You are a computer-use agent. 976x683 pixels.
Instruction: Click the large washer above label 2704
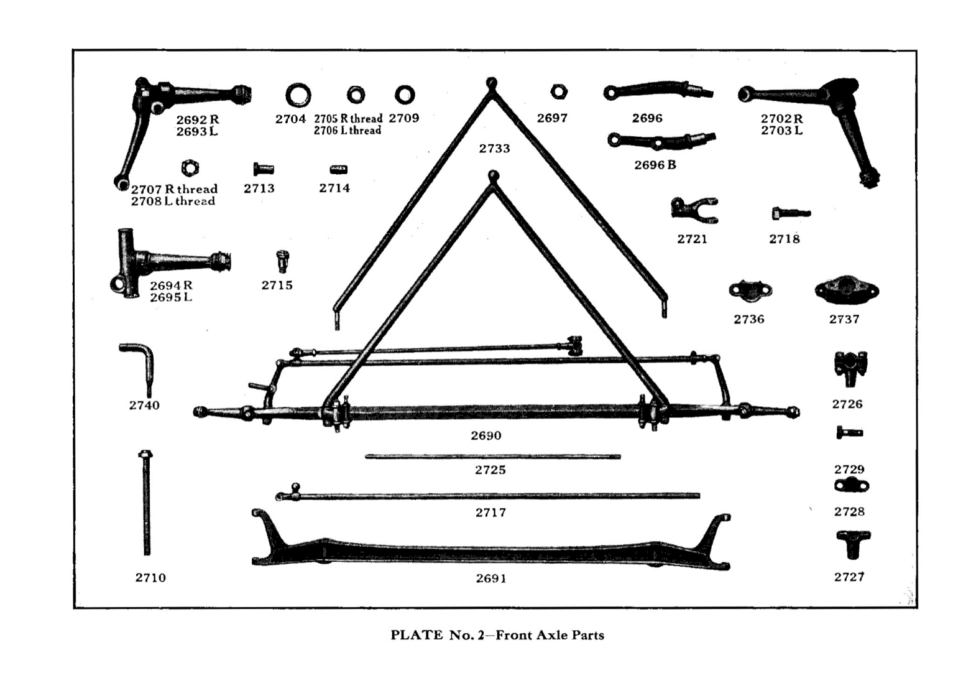tap(298, 96)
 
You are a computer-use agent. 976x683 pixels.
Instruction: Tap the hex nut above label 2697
tap(558, 92)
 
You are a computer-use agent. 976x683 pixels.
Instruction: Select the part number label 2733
tap(494, 148)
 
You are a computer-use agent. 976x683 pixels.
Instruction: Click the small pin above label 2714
tap(338, 170)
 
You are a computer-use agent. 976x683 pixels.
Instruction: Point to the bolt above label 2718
tap(791, 213)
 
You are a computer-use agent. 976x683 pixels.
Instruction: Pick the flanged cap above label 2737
tap(847, 290)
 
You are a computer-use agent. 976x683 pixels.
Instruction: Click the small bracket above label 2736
tap(750, 290)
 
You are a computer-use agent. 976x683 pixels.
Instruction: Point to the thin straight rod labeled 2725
tap(492, 457)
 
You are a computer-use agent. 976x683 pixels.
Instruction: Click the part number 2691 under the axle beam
tap(491, 578)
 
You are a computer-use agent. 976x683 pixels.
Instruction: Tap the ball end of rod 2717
tap(296, 487)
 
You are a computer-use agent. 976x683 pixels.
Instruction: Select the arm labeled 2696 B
tap(661, 141)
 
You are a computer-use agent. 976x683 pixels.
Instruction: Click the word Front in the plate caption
tap(514, 635)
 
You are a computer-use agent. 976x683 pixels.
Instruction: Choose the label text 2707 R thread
tap(174, 189)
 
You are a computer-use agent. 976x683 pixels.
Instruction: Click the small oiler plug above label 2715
tap(282, 260)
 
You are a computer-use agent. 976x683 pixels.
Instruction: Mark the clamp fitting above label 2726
tap(849, 367)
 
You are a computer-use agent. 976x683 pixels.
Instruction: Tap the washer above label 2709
tap(405, 95)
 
